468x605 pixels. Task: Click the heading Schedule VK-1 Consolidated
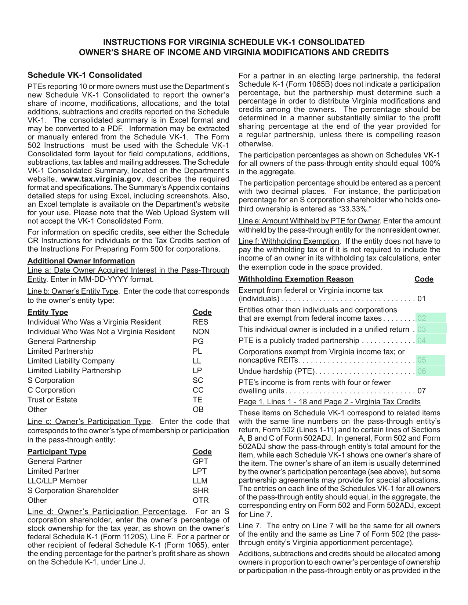click(84, 75)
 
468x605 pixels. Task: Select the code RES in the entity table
click(200, 322)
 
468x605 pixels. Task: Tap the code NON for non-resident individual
click(201, 332)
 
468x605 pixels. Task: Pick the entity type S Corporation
click(51, 380)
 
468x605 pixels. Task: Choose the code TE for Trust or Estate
click(197, 400)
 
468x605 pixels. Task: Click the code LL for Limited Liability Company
click(197, 361)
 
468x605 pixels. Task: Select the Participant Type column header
click(57, 452)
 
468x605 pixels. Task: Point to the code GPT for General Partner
click(200, 462)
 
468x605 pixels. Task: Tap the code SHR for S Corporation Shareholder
click(200, 491)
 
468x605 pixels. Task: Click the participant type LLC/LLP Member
click(57, 481)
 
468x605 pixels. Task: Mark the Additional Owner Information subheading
click(81, 261)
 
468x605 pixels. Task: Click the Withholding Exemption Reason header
click(296, 279)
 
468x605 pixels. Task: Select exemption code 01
click(421, 299)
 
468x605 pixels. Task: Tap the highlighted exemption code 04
click(421, 340)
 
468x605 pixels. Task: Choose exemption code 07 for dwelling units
click(421, 391)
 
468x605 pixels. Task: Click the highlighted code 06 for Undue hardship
click(421, 371)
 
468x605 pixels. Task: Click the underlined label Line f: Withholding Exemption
click(289, 241)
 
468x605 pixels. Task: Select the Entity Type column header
click(48, 312)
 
